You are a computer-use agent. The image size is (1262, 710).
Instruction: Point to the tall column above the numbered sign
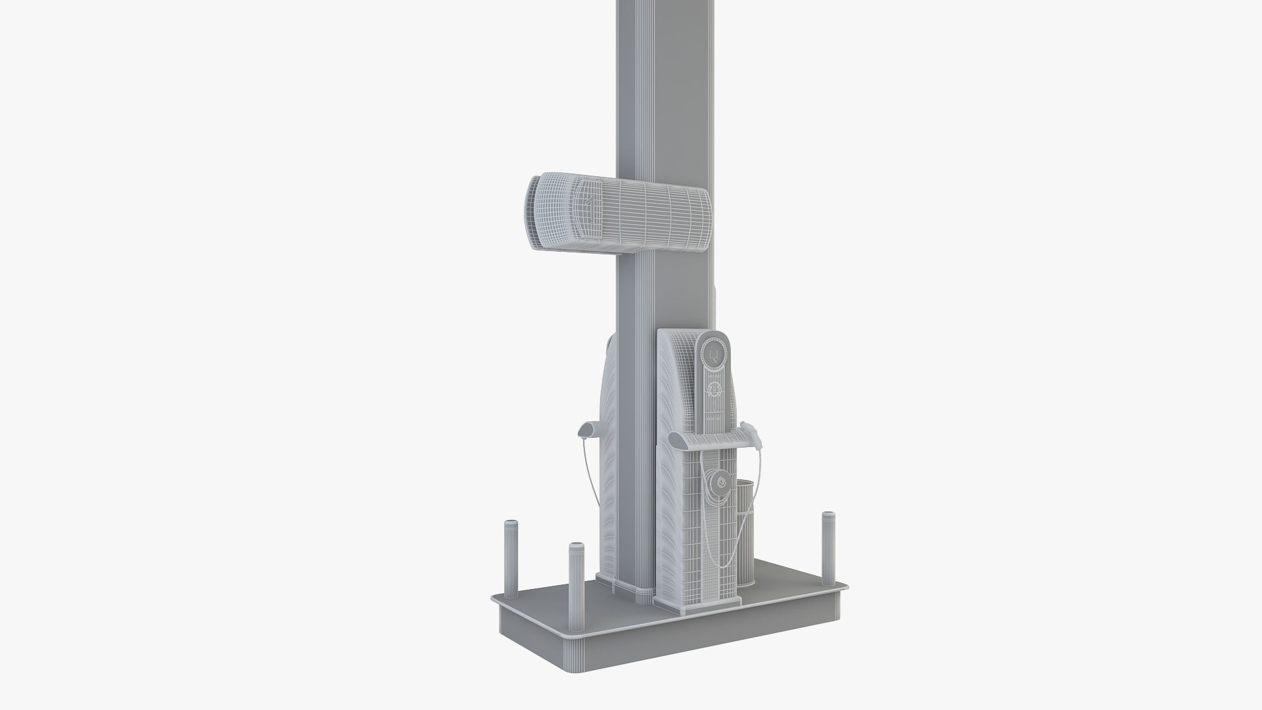click(665, 85)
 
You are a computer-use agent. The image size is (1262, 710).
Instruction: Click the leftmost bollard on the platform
click(509, 559)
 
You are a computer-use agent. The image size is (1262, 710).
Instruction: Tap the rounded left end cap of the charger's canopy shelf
click(674, 438)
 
